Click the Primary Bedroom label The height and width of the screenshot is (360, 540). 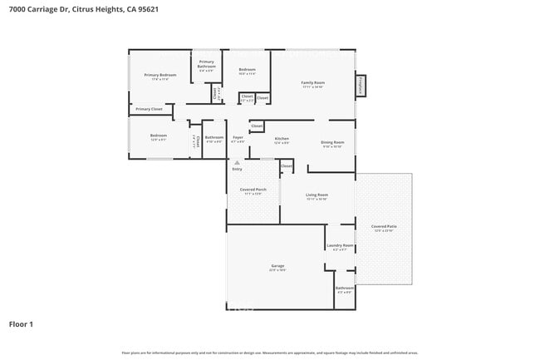160,76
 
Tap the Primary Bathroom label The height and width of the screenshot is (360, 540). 207,64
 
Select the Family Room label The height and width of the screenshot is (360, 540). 312,82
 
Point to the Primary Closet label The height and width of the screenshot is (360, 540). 150,109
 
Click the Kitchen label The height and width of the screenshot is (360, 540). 282,139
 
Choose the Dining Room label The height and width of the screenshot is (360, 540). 332,143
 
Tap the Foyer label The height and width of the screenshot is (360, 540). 238,137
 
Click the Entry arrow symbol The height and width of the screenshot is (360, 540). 237,162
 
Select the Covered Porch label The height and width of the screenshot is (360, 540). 253,190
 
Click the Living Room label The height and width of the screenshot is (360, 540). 317,195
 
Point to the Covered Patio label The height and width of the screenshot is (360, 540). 383,226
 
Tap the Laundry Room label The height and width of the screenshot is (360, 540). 340,245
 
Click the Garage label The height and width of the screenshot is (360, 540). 277,266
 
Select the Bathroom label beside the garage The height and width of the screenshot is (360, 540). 344,288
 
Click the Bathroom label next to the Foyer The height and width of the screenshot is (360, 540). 214,137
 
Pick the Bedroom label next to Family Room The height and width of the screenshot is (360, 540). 247,70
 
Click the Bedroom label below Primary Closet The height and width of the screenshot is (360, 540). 158,136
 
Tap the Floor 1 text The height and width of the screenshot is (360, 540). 21,323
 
